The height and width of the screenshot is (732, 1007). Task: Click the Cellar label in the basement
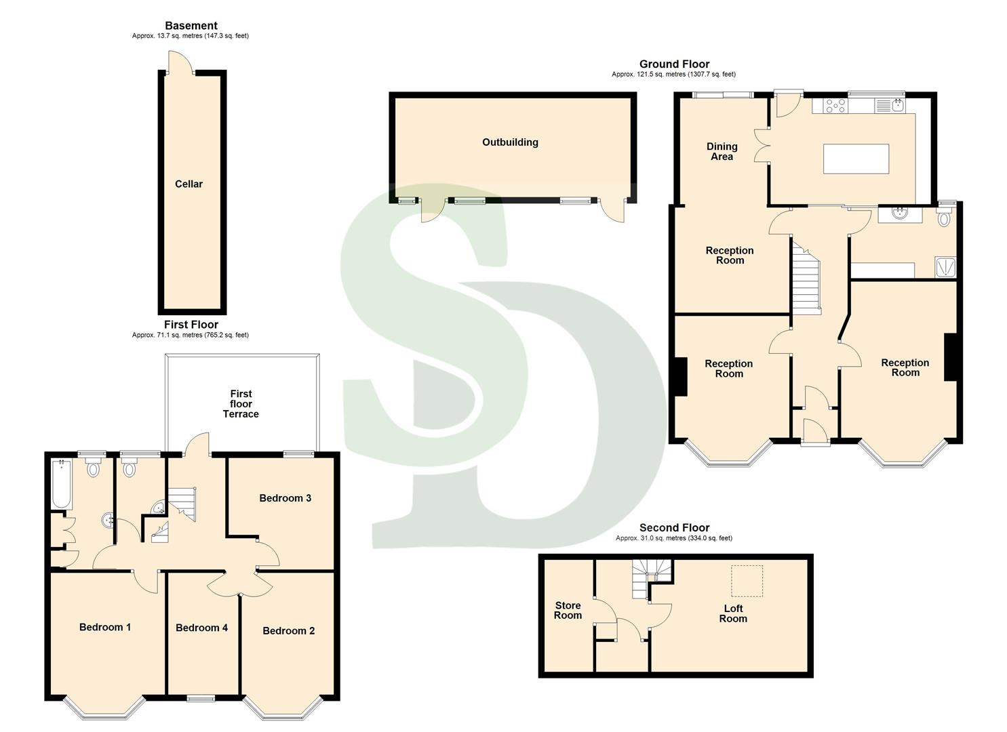[189, 184]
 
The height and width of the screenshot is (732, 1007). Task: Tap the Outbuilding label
[510, 142]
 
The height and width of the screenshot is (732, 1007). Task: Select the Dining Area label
[722, 151]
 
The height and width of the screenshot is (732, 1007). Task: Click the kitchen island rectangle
[856, 159]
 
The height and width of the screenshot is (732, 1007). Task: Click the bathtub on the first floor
[62, 485]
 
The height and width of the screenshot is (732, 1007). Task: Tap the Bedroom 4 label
[201, 628]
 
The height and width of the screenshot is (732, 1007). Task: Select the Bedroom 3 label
[285, 498]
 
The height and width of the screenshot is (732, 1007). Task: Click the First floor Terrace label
[241, 404]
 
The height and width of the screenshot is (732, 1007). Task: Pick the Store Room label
[568, 611]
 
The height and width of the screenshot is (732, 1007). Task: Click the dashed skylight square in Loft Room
[747, 581]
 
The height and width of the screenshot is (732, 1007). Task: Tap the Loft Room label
[733, 613]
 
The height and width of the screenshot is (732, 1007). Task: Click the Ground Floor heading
[674, 64]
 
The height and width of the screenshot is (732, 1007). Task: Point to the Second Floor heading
[674, 527]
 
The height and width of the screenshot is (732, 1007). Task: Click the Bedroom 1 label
[105, 627]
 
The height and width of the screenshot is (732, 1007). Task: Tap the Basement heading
[191, 26]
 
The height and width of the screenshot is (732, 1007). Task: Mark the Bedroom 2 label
[288, 631]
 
